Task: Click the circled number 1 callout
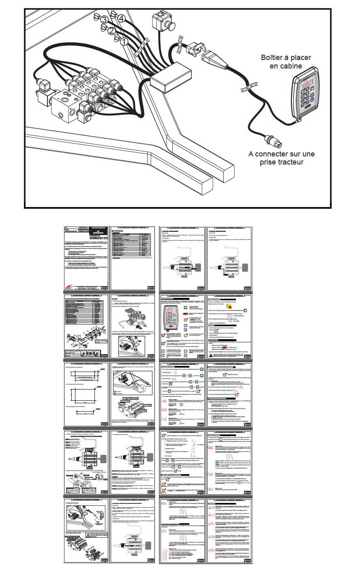[125, 41]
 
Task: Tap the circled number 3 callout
[104, 19]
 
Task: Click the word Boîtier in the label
[274, 58]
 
